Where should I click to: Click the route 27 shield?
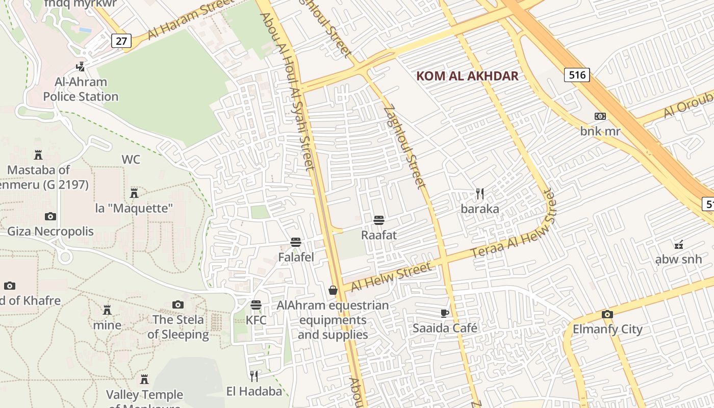[x=121, y=41]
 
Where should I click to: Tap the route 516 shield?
[x=577, y=75]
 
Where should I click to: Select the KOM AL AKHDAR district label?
[x=467, y=76]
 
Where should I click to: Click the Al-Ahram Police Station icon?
[x=80, y=66]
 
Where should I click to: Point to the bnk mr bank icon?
[x=600, y=116]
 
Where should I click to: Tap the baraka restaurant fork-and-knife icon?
[x=479, y=194]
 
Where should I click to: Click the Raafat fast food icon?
[x=378, y=220]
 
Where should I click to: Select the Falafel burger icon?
[x=296, y=242]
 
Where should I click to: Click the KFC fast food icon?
[x=256, y=305]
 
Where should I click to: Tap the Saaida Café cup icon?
[x=445, y=313]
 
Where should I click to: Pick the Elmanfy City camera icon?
[x=607, y=314]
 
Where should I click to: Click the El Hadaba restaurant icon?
[x=253, y=376]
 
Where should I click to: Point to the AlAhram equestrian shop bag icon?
[x=333, y=290]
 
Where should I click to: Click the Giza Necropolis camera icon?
[x=50, y=216]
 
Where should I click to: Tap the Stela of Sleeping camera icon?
[x=177, y=304]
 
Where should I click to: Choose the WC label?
[x=131, y=160]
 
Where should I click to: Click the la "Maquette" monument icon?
[x=134, y=193]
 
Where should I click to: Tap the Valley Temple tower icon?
[x=144, y=379]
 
